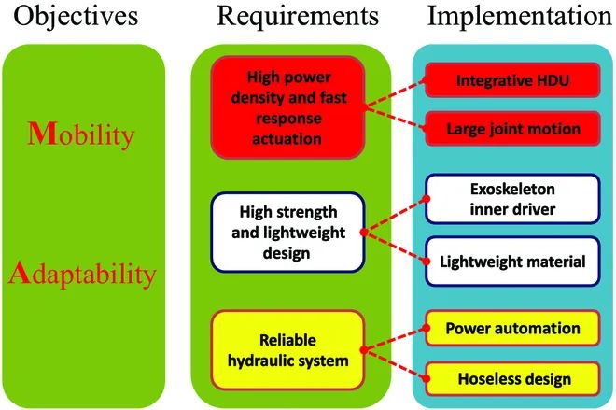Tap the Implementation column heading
tap(510, 18)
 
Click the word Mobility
tap(84, 137)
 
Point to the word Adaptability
tap(84, 274)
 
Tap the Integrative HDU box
tap(512, 81)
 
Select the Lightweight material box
tap(512, 262)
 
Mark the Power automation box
tap(512, 328)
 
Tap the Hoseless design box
tap(512, 379)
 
